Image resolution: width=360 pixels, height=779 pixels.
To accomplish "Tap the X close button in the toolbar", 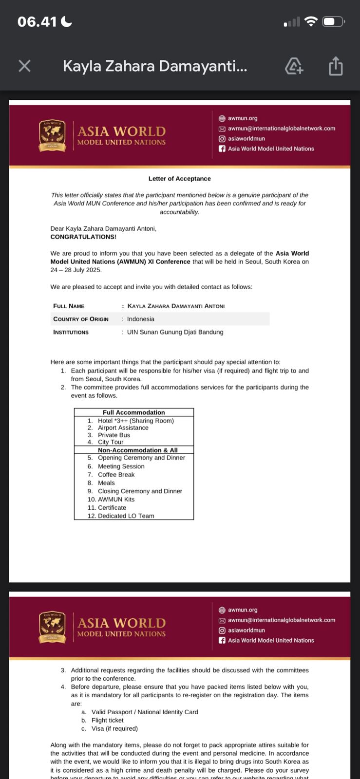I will coord(24,66).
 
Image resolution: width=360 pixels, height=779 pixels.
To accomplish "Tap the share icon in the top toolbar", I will coord(336,66).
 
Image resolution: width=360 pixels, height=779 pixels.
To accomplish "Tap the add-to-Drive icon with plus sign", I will coord(294,66).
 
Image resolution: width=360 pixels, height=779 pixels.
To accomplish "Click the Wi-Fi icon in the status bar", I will coord(310,21).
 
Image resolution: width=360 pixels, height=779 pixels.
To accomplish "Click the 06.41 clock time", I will coord(37,21).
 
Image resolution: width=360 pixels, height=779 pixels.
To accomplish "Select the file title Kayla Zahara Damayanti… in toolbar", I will coord(155,66).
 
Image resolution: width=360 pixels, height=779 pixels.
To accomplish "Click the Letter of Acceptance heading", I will coord(180,179).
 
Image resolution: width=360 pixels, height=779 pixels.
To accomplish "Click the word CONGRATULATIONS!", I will coord(83,237).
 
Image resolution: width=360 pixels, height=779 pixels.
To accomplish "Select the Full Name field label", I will coord(69,306).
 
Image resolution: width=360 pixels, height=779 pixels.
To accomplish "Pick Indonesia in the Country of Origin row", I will coord(141,319).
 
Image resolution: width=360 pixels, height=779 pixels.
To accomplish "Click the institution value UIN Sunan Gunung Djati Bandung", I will coord(175,332).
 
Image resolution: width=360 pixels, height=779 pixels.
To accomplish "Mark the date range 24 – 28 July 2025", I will coord(76,270).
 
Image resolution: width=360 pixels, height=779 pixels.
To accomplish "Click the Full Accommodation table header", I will coord(133,412).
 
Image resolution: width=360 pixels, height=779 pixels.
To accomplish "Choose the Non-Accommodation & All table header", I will coord(137,450).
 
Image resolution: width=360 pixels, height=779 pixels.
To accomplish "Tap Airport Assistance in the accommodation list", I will coord(123,428).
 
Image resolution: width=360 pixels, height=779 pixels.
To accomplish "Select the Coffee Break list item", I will coord(116,475).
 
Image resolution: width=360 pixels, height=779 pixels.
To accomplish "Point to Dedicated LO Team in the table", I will coord(126,516).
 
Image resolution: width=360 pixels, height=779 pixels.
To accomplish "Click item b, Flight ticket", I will coord(107,721).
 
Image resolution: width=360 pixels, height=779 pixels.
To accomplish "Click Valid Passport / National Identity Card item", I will coord(145,712).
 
